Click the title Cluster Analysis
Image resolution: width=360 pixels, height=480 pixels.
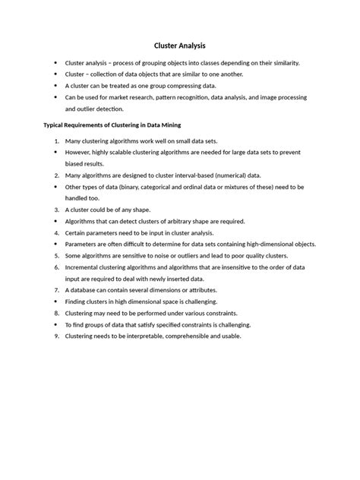click(180, 46)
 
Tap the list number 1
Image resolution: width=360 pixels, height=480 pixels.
click(55, 141)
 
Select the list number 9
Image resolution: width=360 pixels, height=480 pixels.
click(55, 336)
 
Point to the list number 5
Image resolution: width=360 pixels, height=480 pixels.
click(55, 256)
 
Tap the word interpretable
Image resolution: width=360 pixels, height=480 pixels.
click(153, 336)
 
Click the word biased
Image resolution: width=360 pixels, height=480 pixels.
click(75, 164)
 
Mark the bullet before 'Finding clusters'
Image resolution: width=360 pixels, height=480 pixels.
click(55, 302)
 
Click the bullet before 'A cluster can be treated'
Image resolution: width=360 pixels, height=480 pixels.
click(55, 86)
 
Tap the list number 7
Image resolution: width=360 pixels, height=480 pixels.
click(55, 290)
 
